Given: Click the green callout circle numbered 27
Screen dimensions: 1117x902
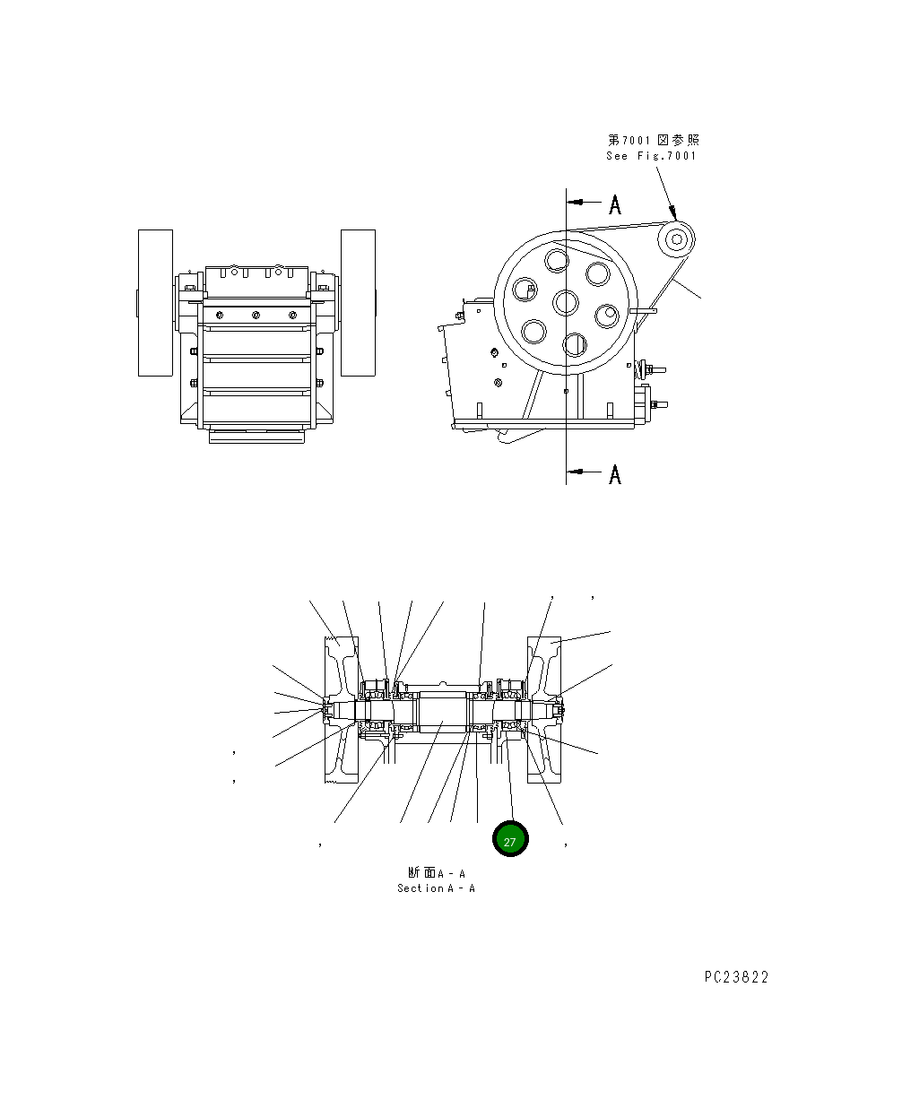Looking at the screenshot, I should (x=510, y=840).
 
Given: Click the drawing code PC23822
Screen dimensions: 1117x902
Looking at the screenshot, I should (x=736, y=977).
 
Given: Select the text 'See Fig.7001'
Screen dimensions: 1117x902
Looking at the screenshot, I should (x=651, y=156).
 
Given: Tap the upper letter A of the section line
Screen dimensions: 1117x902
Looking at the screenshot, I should (x=615, y=205).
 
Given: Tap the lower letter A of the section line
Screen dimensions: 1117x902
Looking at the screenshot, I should (x=615, y=474).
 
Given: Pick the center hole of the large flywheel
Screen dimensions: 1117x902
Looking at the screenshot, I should (x=566, y=302).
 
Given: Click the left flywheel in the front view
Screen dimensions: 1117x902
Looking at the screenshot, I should (x=155, y=302).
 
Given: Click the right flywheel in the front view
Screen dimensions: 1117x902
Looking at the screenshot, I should (x=358, y=302).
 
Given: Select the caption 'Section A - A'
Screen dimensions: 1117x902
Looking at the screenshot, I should (x=436, y=888).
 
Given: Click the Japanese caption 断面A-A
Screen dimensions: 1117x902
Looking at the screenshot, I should (x=436, y=872).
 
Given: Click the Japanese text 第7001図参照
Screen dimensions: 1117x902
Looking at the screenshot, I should (x=654, y=140).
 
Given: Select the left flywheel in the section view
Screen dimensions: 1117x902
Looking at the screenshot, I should (x=342, y=710).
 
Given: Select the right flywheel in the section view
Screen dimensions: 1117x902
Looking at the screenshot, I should (x=544, y=710).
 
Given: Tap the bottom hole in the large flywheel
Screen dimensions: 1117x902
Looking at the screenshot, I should (x=575, y=343).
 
